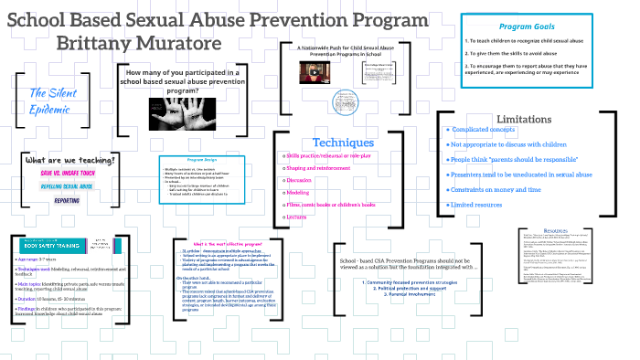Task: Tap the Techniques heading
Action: [x=343, y=143]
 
